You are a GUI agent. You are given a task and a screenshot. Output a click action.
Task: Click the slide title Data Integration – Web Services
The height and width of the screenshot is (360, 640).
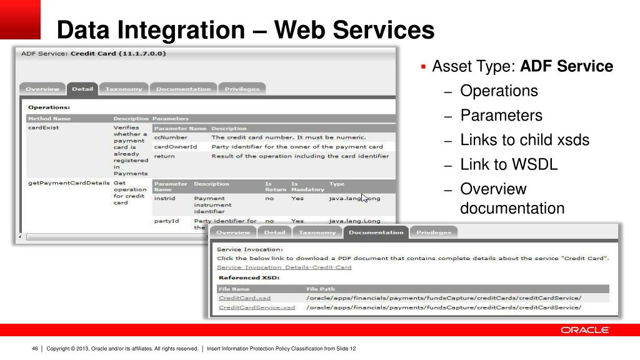tap(245, 29)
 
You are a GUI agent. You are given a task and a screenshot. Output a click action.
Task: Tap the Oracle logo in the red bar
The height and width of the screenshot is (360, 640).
tap(584, 330)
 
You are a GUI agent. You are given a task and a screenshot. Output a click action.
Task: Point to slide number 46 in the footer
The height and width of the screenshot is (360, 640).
tap(35, 349)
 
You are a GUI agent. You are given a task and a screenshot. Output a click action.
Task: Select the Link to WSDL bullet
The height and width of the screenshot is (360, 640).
tap(509, 164)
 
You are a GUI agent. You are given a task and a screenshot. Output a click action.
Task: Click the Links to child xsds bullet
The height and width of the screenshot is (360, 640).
tap(524, 140)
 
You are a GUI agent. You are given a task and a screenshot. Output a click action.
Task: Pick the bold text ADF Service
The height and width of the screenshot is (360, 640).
tap(567, 66)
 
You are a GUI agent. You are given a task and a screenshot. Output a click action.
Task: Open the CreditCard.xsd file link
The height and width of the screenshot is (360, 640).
tap(244, 298)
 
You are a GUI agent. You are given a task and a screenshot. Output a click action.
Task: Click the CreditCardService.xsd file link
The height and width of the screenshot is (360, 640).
tap(256, 307)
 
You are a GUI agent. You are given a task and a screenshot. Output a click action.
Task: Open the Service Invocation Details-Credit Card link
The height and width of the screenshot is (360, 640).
tap(284, 267)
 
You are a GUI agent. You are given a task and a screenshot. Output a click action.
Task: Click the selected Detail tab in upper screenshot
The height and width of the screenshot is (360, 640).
tap(82, 89)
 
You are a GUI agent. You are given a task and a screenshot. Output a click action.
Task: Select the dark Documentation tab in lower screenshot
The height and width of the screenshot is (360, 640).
tap(376, 232)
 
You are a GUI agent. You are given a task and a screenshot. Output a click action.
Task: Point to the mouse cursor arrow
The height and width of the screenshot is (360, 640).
tap(365, 197)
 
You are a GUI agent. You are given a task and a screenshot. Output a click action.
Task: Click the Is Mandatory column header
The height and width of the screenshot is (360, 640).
tap(307, 186)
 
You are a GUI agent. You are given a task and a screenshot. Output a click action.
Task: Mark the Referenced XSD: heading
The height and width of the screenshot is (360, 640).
tap(248, 277)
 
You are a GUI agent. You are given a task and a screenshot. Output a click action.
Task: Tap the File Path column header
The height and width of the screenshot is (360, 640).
tap(321, 289)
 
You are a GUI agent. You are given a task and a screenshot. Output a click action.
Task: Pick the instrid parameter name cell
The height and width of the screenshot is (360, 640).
tap(164, 198)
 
